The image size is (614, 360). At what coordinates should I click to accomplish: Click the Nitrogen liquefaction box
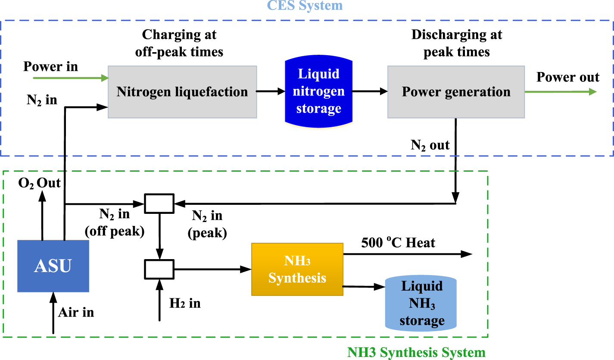tap(182, 92)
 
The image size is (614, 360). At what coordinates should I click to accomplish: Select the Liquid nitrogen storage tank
tap(318, 91)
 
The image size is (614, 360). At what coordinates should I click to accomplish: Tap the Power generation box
tap(456, 92)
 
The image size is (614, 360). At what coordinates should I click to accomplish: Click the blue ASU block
tap(53, 266)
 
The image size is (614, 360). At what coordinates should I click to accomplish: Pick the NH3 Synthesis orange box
tap(297, 269)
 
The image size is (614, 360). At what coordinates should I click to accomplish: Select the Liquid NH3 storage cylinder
tap(422, 304)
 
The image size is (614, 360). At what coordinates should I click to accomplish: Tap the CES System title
tap(305, 6)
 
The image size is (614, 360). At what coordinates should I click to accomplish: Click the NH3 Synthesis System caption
tap(416, 352)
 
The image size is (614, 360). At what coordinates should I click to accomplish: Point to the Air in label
tap(76, 312)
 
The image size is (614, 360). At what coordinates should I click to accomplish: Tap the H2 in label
tap(185, 303)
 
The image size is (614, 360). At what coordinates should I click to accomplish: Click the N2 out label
tap(430, 145)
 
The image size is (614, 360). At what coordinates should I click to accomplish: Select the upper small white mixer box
tap(159, 203)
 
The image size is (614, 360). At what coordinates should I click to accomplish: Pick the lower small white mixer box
tap(159, 269)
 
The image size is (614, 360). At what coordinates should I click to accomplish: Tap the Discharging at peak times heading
tap(456, 43)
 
